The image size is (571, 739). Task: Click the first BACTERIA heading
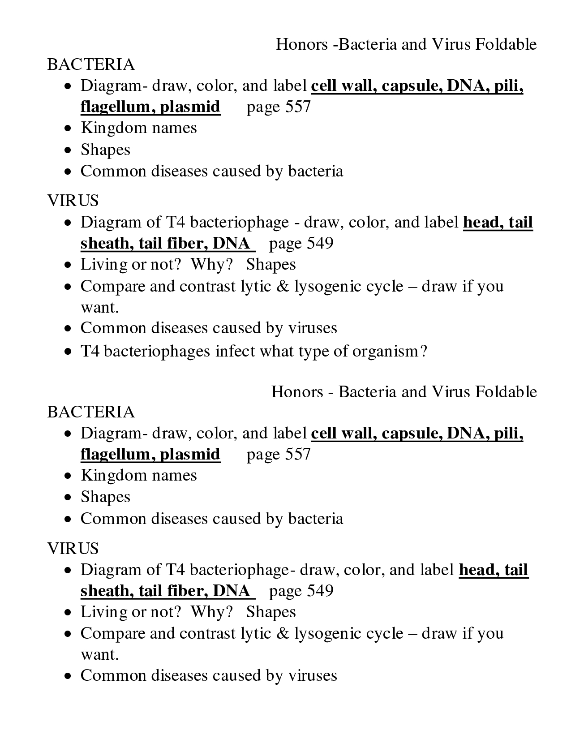[91, 64]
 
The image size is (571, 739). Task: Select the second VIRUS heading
[73, 548]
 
